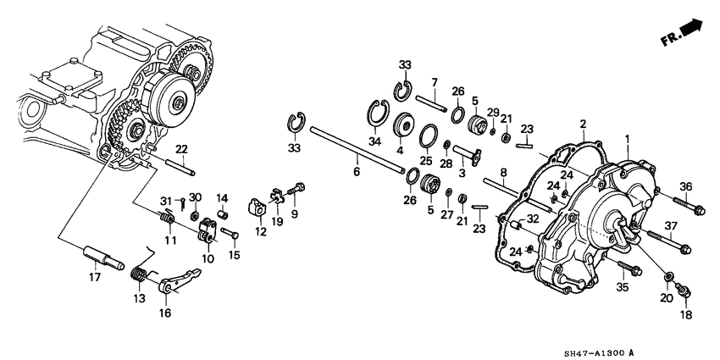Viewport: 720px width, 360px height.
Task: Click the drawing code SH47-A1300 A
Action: [x=599, y=352]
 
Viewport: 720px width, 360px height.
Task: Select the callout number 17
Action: [x=95, y=277]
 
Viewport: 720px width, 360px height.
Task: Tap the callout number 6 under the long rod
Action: [x=357, y=172]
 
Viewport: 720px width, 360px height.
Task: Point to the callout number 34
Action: [x=375, y=142]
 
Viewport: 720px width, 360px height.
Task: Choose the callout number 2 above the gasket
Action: [x=583, y=124]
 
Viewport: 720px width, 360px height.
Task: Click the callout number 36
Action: [x=685, y=187]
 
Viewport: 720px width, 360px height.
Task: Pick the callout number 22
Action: [x=182, y=149]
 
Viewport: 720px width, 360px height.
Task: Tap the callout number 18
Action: [x=687, y=315]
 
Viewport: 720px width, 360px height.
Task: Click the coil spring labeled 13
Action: [x=140, y=274]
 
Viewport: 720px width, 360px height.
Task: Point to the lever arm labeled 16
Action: [x=180, y=280]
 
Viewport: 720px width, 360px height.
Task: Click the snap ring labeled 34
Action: [x=378, y=112]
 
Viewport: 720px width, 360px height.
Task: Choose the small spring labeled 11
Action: [x=167, y=216]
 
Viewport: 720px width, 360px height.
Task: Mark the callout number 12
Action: [x=261, y=232]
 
